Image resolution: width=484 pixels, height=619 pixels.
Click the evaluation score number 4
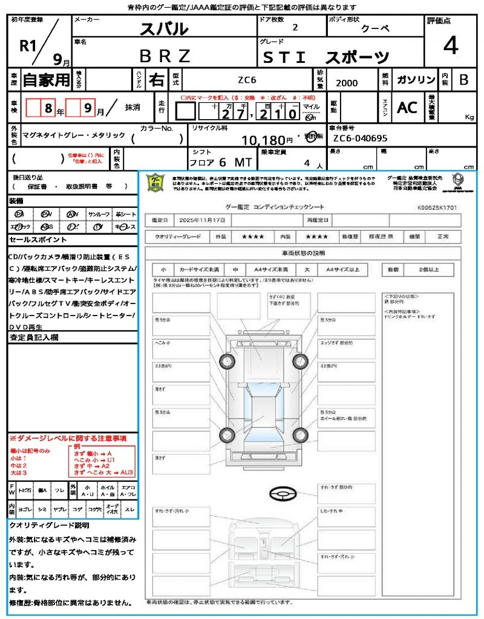click(x=450, y=46)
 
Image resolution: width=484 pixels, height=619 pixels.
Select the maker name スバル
click(x=164, y=28)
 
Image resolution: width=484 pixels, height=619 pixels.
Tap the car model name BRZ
click(x=165, y=56)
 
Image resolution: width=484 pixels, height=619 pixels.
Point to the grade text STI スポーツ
click(x=326, y=57)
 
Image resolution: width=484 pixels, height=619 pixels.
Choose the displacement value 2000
click(x=347, y=83)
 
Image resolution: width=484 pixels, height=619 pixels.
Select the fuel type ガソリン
click(x=416, y=80)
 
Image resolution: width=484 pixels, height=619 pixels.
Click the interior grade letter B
click(x=463, y=80)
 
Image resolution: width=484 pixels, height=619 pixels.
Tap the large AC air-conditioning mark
click(x=407, y=108)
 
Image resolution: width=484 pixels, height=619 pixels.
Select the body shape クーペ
click(x=376, y=28)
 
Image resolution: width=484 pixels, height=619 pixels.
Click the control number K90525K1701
click(x=437, y=207)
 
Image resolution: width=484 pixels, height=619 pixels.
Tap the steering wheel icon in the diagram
click(x=281, y=494)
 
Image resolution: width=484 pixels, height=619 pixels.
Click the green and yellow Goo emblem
click(x=156, y=182)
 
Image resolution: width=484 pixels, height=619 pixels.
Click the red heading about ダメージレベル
click(x=68, y=438)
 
